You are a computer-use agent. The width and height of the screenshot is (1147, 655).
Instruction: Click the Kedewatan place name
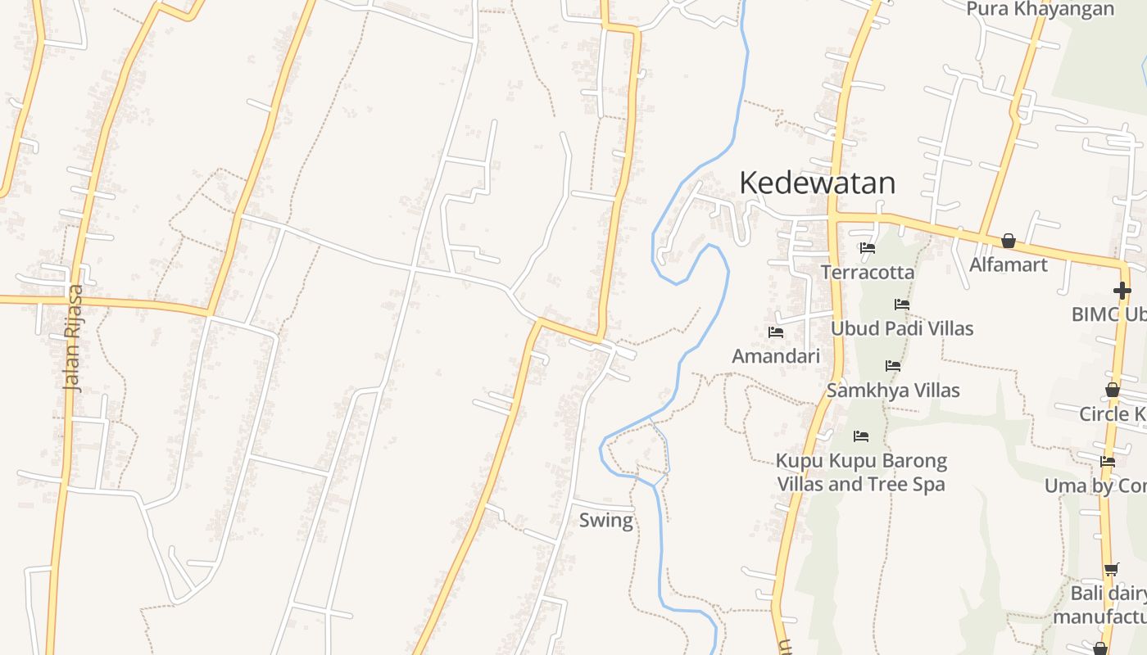coord(817,183)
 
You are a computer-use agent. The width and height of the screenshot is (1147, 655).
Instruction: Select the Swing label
coord(606,520)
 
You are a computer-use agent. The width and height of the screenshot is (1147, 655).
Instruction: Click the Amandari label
coord(775,356)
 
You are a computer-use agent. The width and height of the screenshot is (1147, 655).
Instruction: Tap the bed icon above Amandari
coord(776,332)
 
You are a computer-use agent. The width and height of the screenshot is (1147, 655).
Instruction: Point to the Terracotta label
coord(867,272)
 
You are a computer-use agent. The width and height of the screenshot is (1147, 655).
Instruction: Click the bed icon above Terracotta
coord(868,248)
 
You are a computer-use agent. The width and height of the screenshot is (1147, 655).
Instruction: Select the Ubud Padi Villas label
coord(902,328)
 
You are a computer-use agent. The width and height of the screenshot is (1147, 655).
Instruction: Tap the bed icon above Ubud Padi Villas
coord(902,305)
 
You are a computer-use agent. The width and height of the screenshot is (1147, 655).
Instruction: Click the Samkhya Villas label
coord(893,391)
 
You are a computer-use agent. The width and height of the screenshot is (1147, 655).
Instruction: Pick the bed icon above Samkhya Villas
coord(893,366)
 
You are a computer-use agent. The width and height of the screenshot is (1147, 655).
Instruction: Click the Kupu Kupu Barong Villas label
coord(861,472)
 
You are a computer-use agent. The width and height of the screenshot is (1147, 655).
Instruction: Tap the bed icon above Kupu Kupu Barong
coord(861,436)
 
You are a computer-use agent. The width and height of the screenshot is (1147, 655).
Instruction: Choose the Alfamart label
coord(1009,264)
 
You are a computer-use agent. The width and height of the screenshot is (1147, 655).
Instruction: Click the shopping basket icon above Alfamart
coord(1009,241)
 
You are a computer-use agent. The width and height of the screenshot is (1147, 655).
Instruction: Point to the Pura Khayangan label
coord(1040,9)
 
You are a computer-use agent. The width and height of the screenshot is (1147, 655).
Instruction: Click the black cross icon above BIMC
coord(1122,291)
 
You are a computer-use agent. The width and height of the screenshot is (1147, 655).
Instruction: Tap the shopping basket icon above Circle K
coord(1113,390)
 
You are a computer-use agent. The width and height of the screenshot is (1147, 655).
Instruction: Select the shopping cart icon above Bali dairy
coord(1111,569)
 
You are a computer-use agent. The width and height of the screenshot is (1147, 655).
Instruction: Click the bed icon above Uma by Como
coord(1108,462)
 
